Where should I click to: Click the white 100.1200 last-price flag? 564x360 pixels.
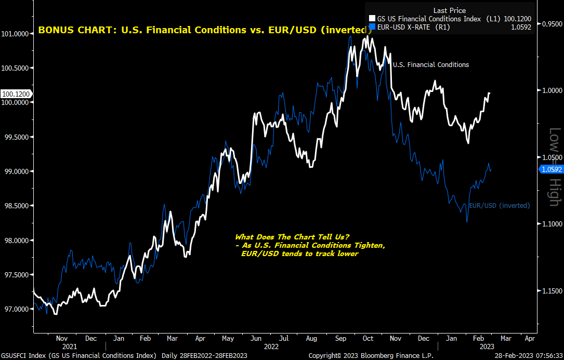(16, 94)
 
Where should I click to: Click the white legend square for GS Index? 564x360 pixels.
(371, 19)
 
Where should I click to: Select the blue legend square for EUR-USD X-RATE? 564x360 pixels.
(371, 27)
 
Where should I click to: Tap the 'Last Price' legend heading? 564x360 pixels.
(449, 10)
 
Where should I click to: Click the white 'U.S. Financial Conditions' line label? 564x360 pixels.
(430, 65)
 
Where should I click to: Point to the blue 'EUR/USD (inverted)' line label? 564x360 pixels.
(499, 206)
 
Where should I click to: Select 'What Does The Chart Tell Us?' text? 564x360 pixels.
(292, 237)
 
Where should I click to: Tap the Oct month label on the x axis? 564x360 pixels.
(368, 338)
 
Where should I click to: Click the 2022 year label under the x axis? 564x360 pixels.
(271, 345)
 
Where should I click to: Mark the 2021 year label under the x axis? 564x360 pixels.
(69, 345)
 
